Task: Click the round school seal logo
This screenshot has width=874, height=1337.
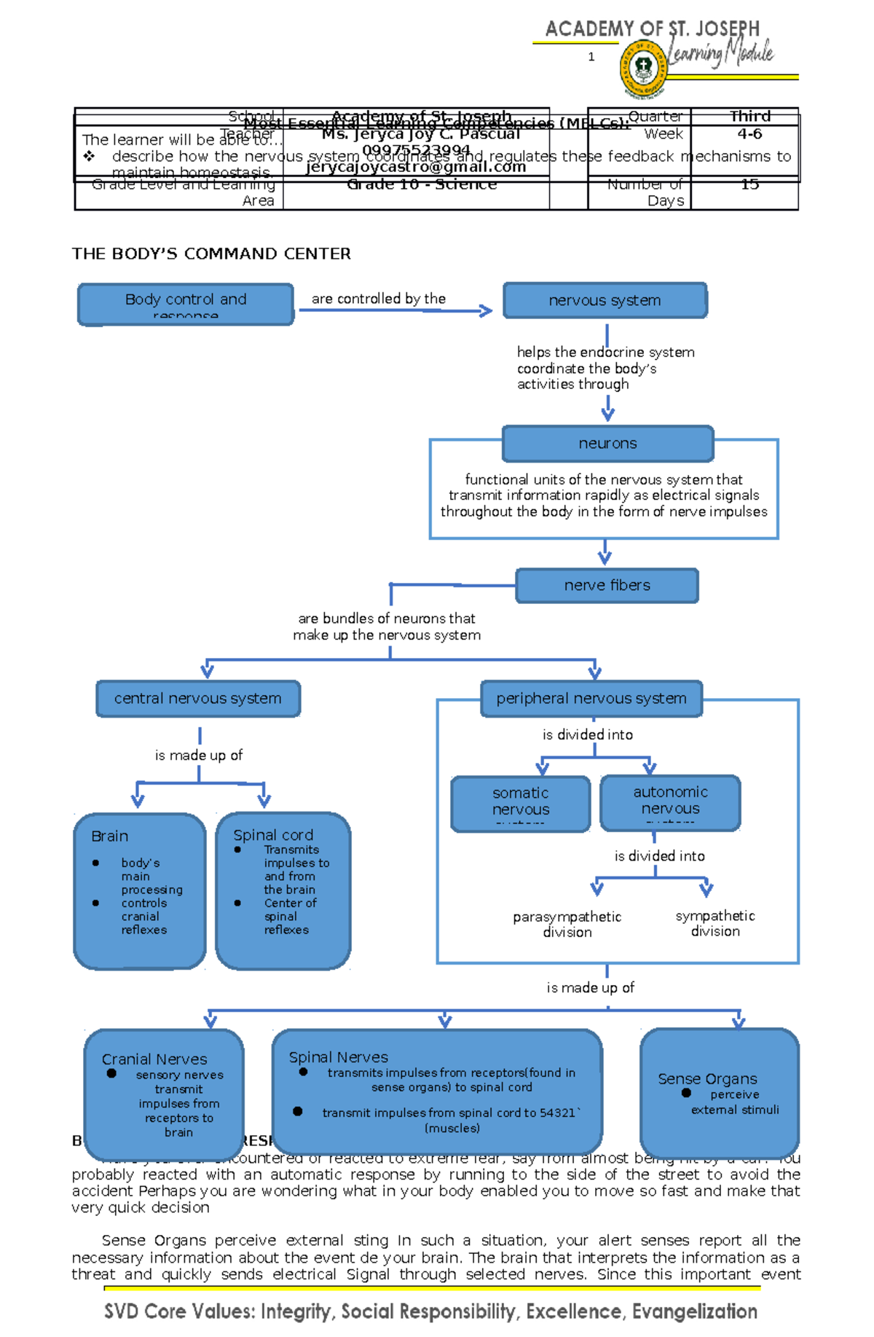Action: (643, 69)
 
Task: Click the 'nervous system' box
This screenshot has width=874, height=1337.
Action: (605, 300)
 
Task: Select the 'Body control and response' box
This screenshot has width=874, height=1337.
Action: (186, 304)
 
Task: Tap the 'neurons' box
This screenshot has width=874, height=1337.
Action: (607, 444)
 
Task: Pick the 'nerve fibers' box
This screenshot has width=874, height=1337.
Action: (607, 586)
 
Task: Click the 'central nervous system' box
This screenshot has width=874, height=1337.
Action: (197, 699)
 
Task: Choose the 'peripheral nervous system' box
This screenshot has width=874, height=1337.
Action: (591, 699)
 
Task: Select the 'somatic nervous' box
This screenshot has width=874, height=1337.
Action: (520, 803)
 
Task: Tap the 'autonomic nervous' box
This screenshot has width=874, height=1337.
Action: (670, 802)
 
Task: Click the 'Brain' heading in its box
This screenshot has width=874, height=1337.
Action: (110, 836)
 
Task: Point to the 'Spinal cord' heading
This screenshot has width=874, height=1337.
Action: (273, 835)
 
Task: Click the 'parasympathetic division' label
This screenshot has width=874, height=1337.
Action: (567, 924)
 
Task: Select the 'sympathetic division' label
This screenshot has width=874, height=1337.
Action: (714, 923)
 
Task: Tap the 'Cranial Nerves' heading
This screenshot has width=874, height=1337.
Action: (154, 1059)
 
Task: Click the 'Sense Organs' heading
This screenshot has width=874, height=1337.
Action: (707, 1079)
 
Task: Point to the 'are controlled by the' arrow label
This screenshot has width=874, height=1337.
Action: (378, 299)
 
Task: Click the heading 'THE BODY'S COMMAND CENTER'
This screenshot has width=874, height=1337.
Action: (211, 254)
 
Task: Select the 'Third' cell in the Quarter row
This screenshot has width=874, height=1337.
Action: (749, 117)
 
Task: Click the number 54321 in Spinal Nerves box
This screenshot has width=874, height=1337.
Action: (557, 1113)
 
